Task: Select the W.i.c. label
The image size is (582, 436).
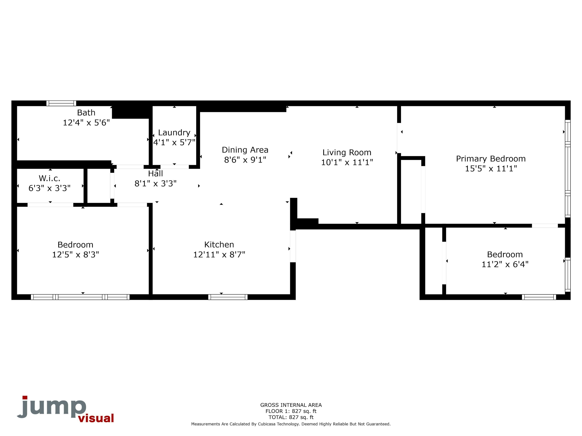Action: (x=49, y=178)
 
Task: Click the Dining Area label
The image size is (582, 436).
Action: (x=245, y=150)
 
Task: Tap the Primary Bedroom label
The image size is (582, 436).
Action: (x=490, y=159)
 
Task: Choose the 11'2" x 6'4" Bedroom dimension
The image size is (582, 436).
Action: (x=505, y=264)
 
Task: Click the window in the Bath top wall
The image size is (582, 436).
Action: (x=61, y=103)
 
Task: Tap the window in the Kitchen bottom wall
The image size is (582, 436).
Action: (x=228, y=297)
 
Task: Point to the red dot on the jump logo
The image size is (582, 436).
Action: (x=25, y=397)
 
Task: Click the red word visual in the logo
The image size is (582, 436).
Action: (x=96, y=418)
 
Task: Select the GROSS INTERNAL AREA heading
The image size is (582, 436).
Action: (x=291, y=405)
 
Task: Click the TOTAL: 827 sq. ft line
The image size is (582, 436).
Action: (x=291, y=417)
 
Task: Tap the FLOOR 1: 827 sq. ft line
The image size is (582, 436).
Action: (x=291, y=411)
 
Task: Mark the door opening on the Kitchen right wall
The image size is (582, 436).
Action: (x=293, y=246)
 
